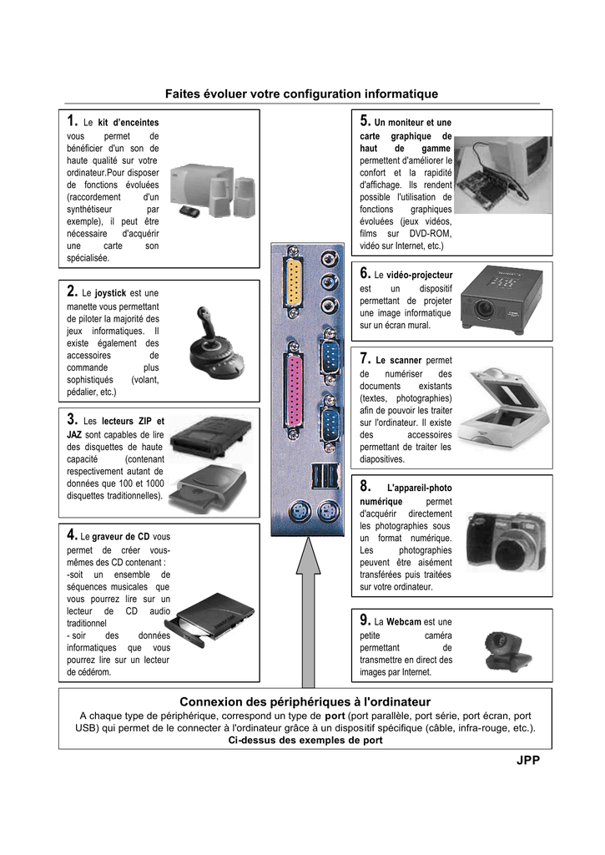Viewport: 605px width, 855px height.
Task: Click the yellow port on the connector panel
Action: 293,282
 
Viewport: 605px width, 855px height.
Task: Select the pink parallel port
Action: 293,390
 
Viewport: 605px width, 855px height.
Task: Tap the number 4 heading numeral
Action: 72,534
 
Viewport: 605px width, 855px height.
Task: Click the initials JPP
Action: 528,760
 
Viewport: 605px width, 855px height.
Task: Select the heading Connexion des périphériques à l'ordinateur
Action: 305,701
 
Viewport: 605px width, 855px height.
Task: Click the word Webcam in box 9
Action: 403,621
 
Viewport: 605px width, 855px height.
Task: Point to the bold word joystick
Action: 110,293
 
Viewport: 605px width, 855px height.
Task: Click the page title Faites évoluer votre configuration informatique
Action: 301,94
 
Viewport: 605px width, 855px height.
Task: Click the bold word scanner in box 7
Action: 406,361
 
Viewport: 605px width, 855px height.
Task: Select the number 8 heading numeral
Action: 366,485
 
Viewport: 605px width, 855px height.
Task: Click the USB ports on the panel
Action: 325,475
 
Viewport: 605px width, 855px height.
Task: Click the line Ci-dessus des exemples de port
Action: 305,740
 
